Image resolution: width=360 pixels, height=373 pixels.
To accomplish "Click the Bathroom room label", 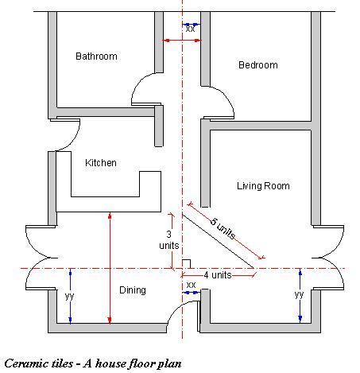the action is coord(96,56).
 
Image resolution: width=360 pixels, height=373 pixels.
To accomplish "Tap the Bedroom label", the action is coord(258,65).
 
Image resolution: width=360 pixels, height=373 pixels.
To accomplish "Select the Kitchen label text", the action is coord(101,162).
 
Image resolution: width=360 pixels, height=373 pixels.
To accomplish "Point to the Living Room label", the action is coord(263,186).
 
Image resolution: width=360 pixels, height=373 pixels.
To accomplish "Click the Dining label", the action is coord(133,290).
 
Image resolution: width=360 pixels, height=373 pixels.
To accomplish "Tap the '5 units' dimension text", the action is coord(223,228).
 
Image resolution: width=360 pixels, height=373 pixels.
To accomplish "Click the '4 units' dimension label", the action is coord(218,275).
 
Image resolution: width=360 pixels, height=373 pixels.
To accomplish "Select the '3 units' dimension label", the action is coord(169,240).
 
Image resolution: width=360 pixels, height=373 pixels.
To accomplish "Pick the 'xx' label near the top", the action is coord(190,29).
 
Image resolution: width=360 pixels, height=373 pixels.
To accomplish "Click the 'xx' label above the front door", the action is coord(191,285).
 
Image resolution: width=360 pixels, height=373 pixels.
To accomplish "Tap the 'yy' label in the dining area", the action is coord(69,296).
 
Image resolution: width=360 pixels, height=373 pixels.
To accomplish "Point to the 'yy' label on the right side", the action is coord(299,294).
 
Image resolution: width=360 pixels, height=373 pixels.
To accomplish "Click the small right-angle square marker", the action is coord(186,264).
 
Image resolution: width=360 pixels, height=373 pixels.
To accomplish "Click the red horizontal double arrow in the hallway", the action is coord(182,41).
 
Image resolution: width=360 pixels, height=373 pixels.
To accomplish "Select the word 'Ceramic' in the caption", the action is coord(21,363).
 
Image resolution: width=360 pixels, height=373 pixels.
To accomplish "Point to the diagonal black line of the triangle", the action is coord(218,241).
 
